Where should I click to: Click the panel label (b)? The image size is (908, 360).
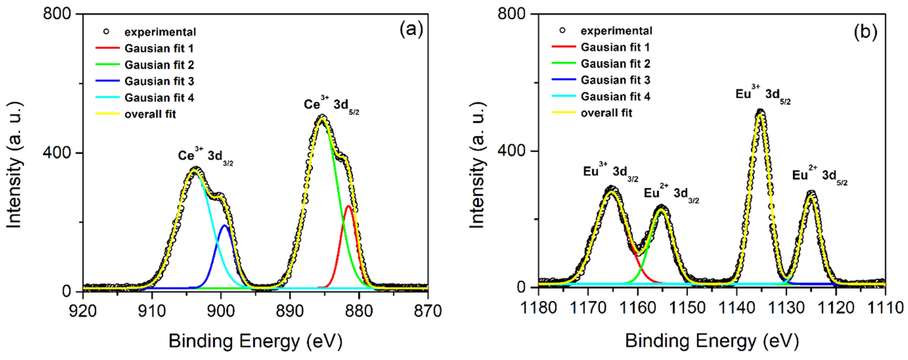click(865, 32)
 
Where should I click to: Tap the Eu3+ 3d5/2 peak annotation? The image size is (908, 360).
click(762, 95)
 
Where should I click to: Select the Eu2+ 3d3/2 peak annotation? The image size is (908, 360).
click(671, 194)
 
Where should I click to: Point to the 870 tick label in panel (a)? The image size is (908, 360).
click(428, 311)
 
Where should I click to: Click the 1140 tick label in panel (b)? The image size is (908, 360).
click(736, 308)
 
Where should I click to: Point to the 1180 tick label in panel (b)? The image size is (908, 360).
click(538, 308)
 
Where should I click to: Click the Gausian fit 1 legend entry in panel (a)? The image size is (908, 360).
click(159, 48)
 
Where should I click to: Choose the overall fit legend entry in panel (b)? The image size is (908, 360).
click(606, 113)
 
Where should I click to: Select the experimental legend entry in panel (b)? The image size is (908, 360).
click(616, 31)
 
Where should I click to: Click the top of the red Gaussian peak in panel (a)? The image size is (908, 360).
click(348, 206)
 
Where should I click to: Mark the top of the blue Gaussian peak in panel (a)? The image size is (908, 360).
click(224, 225)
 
